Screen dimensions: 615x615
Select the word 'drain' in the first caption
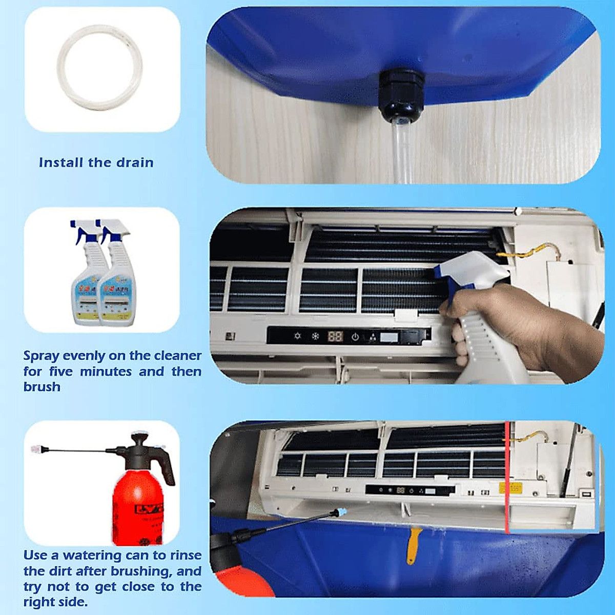[135, 163]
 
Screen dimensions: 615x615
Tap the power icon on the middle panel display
[355, 337]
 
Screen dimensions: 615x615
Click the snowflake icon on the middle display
[315, 337]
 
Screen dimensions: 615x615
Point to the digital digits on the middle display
[335, 337]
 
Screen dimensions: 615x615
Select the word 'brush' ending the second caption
[42, 387]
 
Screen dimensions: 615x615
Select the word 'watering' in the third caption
[92, 556]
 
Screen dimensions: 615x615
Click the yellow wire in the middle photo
[528, 251]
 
